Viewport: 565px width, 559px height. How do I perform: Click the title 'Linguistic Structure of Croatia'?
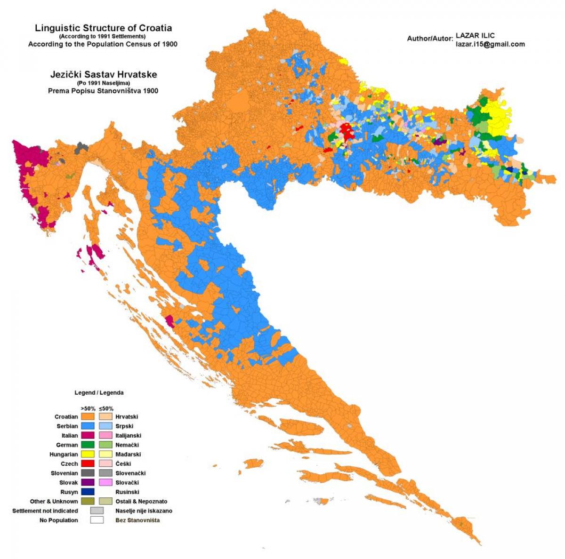click(x=103, y=28)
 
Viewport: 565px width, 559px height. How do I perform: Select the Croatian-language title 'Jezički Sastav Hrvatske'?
click(x=103, y=74)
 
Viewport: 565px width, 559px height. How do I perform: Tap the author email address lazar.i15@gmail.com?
click(x=490, y=44)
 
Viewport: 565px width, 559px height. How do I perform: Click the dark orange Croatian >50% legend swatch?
click(x=88, y=416)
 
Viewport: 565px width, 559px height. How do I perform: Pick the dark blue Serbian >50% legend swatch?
click(x=88, y=426)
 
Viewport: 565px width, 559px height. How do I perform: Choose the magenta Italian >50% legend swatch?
click(x=88, y=435)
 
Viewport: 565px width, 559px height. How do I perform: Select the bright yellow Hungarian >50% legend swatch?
click(x=88, y=454)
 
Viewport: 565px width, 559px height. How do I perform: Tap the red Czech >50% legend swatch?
click(x=88, y=463)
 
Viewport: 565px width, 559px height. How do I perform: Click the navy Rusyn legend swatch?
click(x=88, y=492)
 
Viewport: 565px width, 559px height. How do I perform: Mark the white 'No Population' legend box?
click(x=97, y=520)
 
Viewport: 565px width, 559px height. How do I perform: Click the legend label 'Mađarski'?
click(x=128, y=454)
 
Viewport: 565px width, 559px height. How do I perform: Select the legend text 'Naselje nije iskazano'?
click(x=144, y=511)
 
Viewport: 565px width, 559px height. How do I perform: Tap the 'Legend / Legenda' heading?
click(x=99, y=392)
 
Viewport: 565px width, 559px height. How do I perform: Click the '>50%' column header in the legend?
click(x=88, y=408)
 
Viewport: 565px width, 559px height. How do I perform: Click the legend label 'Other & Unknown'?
click(x=54, y=501)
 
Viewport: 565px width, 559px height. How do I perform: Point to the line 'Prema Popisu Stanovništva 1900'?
click(x=103, y=91)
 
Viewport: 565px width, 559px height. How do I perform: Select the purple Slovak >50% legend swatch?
click(x=88, y=482)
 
